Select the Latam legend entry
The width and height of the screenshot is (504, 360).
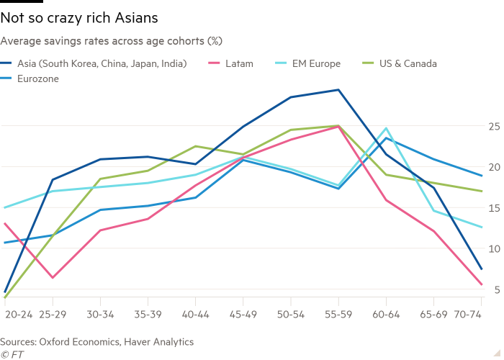(238, 63)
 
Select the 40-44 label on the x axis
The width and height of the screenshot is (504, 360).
(195, 315)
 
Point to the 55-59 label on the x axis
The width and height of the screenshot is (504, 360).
(338, 315)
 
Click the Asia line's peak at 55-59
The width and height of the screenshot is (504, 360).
(338, 90)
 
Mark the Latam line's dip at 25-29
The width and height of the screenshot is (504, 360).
(53, 277)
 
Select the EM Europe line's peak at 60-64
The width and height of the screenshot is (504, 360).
(386, 128)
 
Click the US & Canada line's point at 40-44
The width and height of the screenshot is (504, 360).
(195, 146)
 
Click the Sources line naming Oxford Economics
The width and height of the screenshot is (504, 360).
(96, 341)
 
